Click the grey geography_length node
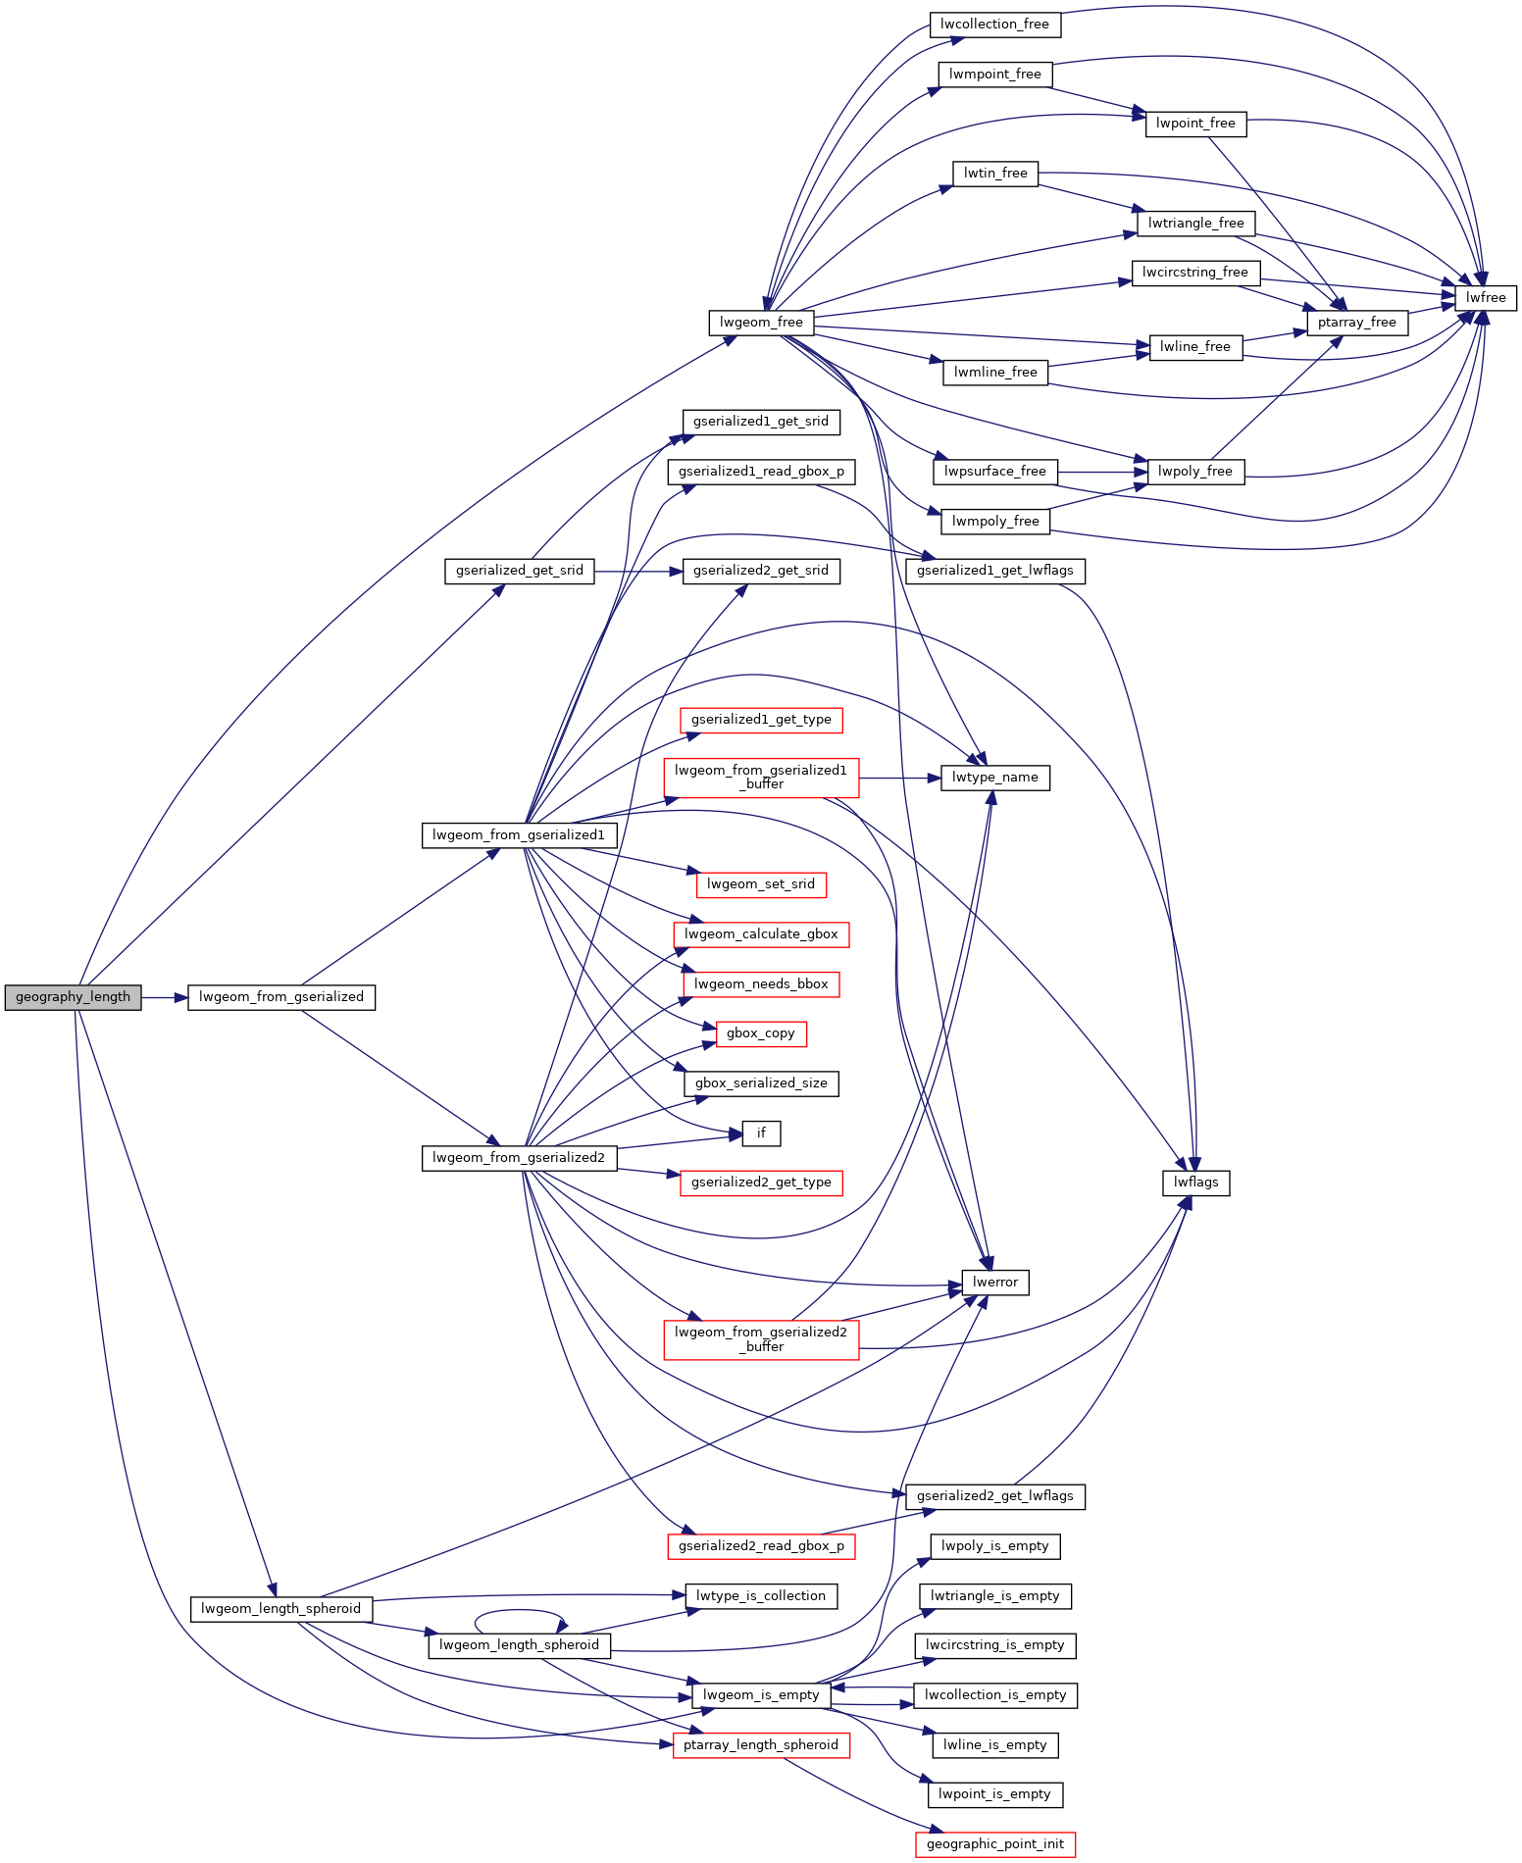(x=73, y=997)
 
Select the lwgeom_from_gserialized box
(x=281, y=997)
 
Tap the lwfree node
(x=1486, y=297)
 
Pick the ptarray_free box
(x=1357, y=323)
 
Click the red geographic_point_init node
(x=995, y=1844)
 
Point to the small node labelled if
(x=761, y=1133)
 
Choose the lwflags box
(x=1196, y=1183)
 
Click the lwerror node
(x=995, y=1283)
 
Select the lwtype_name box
(x=995, y=778)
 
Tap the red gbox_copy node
(x=761, y=1033)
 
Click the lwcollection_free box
(x=995, y=25)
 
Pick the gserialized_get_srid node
(x=520, y=571)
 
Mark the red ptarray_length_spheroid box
(x=761, y=1745)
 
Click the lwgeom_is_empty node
(x=761, y=1695)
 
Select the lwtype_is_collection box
(x=761, y=1596)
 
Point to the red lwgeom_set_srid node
(x=761, y=884)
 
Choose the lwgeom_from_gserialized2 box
(x=520, y=1158)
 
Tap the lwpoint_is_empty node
(x=995, y=1794)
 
